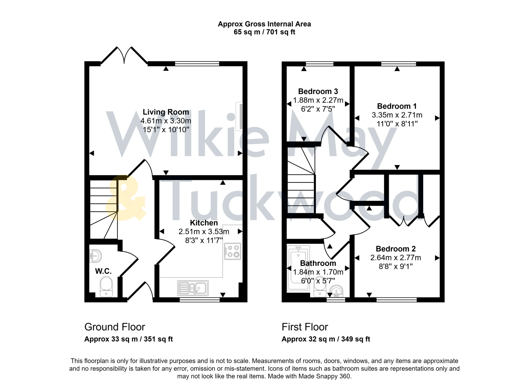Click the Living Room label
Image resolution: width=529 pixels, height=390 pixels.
[165, 112]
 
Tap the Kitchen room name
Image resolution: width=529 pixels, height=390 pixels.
[204, 223]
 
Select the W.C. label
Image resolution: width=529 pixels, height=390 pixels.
[103, 271]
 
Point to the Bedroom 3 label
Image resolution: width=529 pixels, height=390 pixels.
[318, 91]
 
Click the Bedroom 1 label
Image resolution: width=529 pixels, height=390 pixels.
[397, 106]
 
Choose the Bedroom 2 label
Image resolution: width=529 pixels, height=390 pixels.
[396, 249]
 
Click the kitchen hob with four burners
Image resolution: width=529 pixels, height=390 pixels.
[233, 251]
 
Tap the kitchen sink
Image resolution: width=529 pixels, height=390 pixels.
[193, 288]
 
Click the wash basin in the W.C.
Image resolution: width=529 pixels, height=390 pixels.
[96, 256]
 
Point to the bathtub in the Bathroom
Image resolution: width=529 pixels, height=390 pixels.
[298, 269]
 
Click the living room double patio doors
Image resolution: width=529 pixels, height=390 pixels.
[124, 55]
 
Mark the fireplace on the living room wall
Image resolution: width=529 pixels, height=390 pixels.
[239, 116]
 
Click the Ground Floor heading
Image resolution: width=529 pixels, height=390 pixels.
[115, 327]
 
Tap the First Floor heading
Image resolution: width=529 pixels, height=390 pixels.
[305, 327]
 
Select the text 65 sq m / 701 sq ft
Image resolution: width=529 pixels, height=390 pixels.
[264, 32]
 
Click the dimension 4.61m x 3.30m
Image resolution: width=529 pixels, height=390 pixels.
[165, 121]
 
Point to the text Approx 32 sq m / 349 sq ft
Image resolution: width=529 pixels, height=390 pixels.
[326, 339]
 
